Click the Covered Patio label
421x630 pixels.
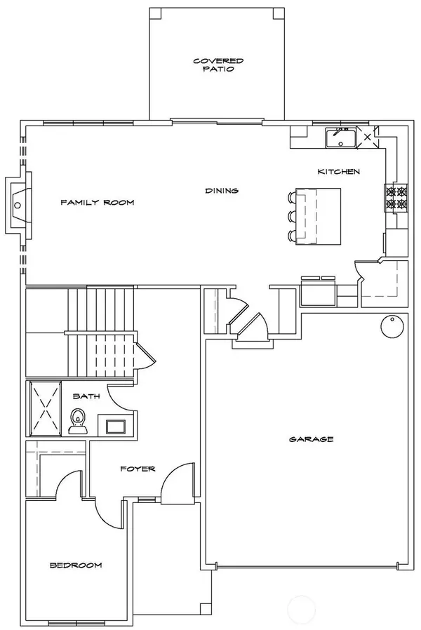(213, 65)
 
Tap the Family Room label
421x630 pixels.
(97, 203)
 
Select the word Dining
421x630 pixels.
(222, 190)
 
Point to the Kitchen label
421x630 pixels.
(339, 172)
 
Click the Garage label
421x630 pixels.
(311, 439)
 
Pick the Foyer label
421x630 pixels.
(137, 469)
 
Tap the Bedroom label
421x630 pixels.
(76, 565)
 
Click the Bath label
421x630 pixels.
(86, 396)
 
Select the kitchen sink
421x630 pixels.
(341, 138)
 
